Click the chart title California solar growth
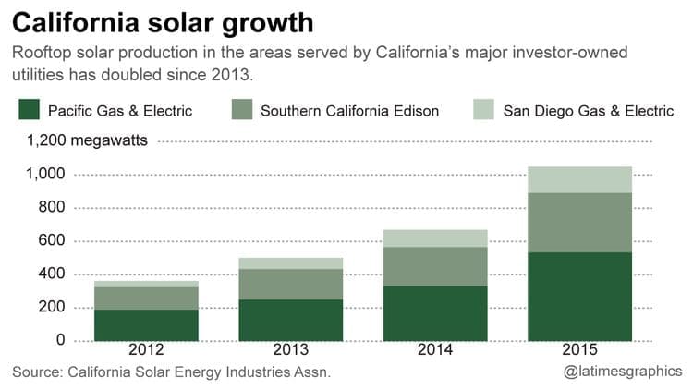pos(162,20)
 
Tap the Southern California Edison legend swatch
pos(242,111)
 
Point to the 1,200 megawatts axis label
pos(90,141)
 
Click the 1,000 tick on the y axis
pos(45,175)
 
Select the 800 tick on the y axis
pos(51,208)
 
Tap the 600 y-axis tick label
pos(51,241)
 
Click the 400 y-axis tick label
pos(51,274)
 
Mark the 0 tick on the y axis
pos(61,341)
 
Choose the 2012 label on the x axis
pos(147,351)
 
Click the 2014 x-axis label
pos(436,351)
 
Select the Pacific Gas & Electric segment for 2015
pos(580,296)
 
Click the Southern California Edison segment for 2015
pos(580,222)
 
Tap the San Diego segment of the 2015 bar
pos(580,179)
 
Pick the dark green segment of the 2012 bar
pos(147,324)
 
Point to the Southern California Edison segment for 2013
pos(291,284)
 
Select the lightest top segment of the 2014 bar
pos(436,238)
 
